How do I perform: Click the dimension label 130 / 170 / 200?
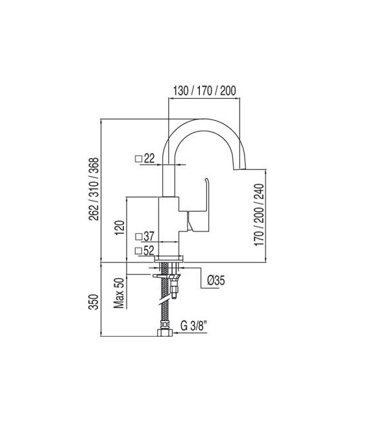click(204, 90)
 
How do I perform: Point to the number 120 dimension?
click(119, 229)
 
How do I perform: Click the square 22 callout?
click(144, 158)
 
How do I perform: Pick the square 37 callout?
click(144, 237)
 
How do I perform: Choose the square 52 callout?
click(144, 250)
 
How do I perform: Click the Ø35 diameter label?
click(216, 281)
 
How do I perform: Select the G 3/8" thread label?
click(193, 325)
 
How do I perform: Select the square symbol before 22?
click(138, 158)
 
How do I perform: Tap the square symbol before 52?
click(138, 250)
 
